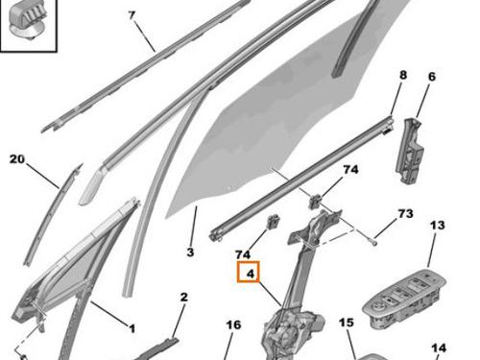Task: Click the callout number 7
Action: tap(132, 15)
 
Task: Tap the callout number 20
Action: tap(17, 159)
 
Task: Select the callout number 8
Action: tap(403, 75)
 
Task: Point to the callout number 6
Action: tap(432, 77)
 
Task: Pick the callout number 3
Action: tap(190, 252)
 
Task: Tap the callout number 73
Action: tap(405, 214)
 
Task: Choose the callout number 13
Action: tap(438, 226)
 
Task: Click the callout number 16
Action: tap(233, 325)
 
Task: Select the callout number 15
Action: tap(347, 323)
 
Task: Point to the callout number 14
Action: tap(439, 348)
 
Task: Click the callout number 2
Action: tap(183, 298)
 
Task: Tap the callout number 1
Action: tap(132, 328)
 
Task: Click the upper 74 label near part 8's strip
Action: tap(350, 170)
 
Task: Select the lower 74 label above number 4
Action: tap(243, 254)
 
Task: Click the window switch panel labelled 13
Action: tap(405, 300)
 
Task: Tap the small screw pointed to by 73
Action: tap(374, 243)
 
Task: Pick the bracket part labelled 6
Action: tap(410, 151)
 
